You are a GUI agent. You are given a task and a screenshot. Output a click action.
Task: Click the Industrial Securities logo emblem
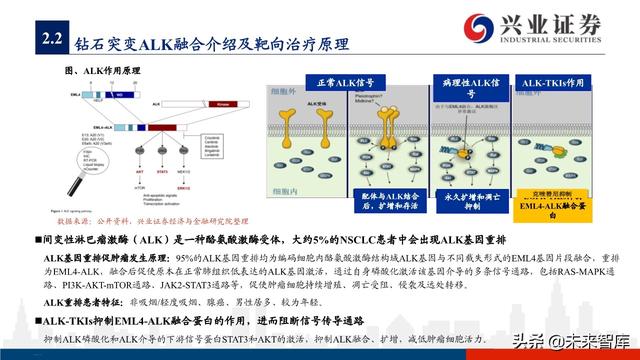(x=466, y=25)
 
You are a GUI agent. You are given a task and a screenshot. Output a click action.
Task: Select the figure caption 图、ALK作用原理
(x=107, y=73)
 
